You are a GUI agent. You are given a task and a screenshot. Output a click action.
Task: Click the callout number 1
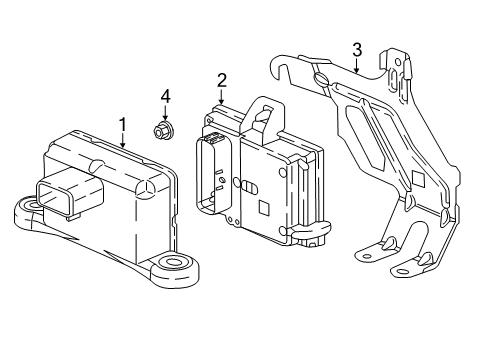(123, 125)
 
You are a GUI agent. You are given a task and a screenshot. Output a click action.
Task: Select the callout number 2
(222, 81)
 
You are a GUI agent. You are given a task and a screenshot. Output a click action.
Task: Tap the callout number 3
(357, 50)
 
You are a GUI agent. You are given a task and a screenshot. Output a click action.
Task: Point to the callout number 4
(165, 97)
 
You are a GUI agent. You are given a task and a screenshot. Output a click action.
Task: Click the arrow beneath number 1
(123, 140)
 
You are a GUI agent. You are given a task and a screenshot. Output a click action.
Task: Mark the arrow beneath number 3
(357, 65)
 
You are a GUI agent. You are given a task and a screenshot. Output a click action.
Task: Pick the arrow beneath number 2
(221, 96)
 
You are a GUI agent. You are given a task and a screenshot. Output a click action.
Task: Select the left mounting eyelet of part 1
(29, 207)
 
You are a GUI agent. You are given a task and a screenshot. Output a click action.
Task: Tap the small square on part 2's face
(264, 208)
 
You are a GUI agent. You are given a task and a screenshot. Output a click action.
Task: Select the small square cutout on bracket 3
(418, 179)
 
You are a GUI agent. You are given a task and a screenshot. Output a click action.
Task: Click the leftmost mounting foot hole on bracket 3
(367, 257)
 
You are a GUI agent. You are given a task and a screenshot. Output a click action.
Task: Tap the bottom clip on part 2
(312, 230)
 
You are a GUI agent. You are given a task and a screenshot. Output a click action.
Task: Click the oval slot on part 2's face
(249, 187)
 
